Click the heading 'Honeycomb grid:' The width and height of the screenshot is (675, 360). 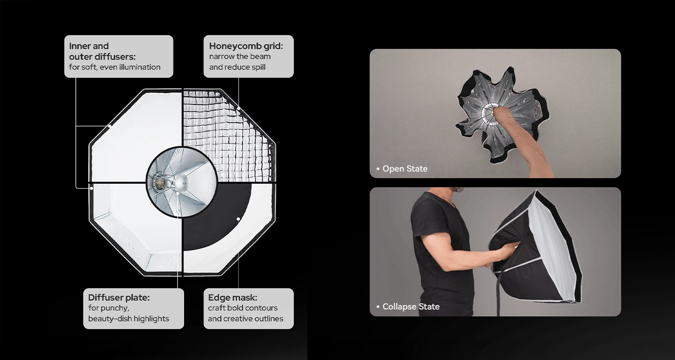246,46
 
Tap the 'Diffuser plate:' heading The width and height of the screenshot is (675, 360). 119,297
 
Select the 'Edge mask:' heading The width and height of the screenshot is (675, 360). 232,297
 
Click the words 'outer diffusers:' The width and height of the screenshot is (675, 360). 102,57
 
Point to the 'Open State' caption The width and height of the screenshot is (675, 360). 405,169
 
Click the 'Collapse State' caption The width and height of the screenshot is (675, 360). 411,307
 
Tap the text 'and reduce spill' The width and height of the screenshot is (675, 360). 237,67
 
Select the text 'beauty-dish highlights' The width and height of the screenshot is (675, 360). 128,319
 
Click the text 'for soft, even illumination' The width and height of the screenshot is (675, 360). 114,67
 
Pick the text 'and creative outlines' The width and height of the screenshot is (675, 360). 245,319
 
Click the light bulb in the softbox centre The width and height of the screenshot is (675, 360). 160,181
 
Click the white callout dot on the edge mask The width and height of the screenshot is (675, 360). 238,219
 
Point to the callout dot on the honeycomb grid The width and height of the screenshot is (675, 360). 238,108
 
